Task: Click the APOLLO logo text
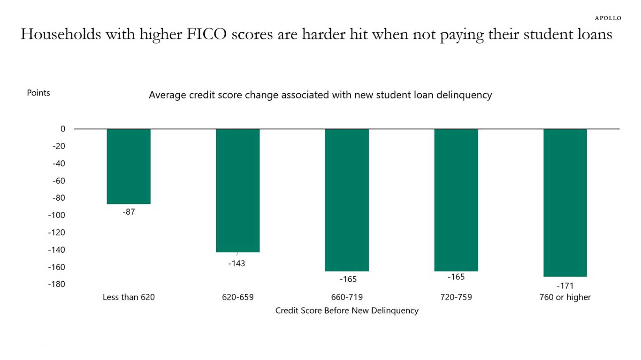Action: click(608, 18)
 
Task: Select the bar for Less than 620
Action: click(129, 166)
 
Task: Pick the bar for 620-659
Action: click(238, 190)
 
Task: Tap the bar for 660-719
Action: click(347, 200)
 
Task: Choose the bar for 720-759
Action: click(456, 200)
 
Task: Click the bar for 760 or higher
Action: click(565, 203)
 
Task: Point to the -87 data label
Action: click(129, 212)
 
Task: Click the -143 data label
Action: click(237, 264)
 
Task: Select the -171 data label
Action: click(565, 286)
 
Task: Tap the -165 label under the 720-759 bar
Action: click(456, 277)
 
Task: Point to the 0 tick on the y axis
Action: click(63, 129)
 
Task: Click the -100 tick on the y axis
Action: click(56, 215)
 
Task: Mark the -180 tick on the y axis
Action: click(56, 284)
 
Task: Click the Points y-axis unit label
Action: click(38, 93)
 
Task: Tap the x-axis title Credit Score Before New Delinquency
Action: click(347, 311)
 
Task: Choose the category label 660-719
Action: click(347, 297)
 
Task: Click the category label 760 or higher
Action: click(565, 297)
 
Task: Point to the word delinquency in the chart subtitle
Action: click(464, 95)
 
